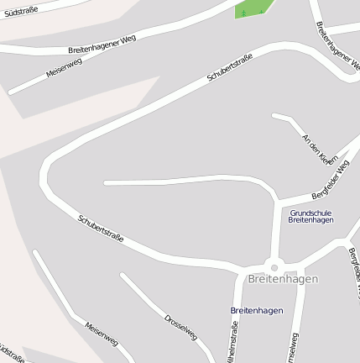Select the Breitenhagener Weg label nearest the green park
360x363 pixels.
(x=333, y=40)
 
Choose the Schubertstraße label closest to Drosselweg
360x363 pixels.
(x=101, y=229)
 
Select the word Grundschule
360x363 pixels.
(x=311, y=213)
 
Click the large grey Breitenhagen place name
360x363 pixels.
(x=284, y=278)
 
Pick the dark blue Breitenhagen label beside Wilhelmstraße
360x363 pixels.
(x=256, y=310)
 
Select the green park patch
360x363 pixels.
(x=255, y=8)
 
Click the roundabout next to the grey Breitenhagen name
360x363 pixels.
(x=274, y=266)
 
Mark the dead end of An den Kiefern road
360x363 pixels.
(x=274, y=115)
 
